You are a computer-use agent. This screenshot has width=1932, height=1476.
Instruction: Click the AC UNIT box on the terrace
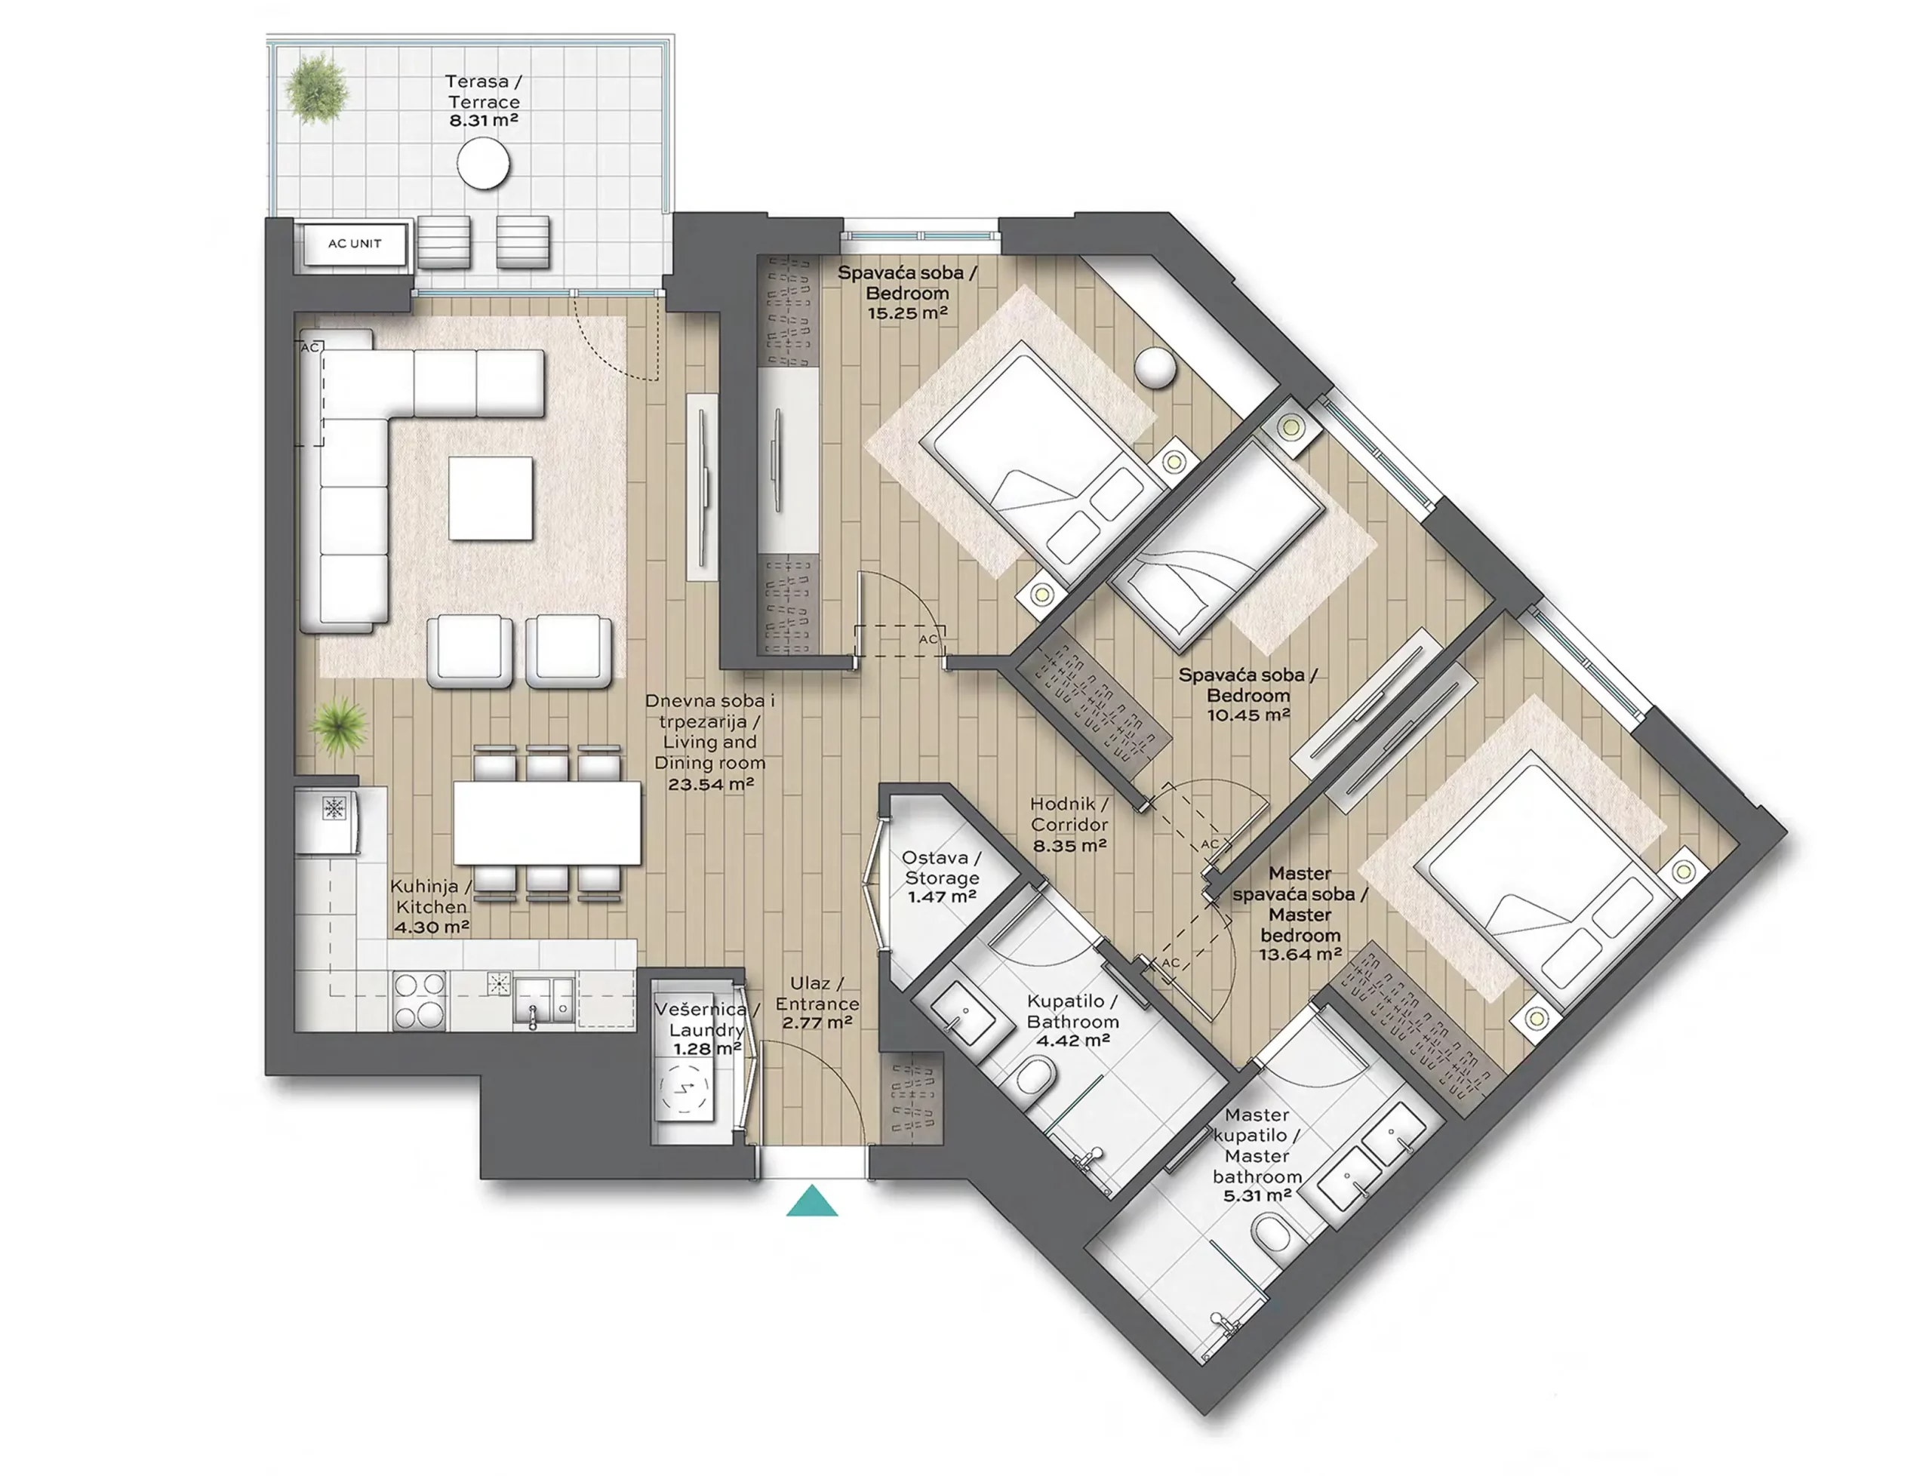tap(355, 244)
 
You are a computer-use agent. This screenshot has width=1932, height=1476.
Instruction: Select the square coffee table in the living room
tap(491, 498)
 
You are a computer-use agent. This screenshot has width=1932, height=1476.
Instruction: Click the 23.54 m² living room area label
tap(711, 784)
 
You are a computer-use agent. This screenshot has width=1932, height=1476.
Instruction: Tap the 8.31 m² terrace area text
tap(484, 121)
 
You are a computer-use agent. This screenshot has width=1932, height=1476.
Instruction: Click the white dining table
tap(547, 823)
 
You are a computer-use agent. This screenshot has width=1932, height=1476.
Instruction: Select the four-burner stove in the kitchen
tap(419, 1000)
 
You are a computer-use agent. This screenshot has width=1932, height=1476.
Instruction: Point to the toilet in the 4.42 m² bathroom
tap(1033, 1077)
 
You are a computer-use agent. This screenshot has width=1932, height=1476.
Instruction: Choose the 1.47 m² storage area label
tap(942, 897)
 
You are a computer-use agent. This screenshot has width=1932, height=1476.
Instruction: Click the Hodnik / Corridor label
tap(1069, 814)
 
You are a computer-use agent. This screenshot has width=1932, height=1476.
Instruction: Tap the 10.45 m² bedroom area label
tap(1247, 715)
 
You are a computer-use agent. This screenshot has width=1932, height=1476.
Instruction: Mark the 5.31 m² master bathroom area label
tap(1257, 1196)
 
